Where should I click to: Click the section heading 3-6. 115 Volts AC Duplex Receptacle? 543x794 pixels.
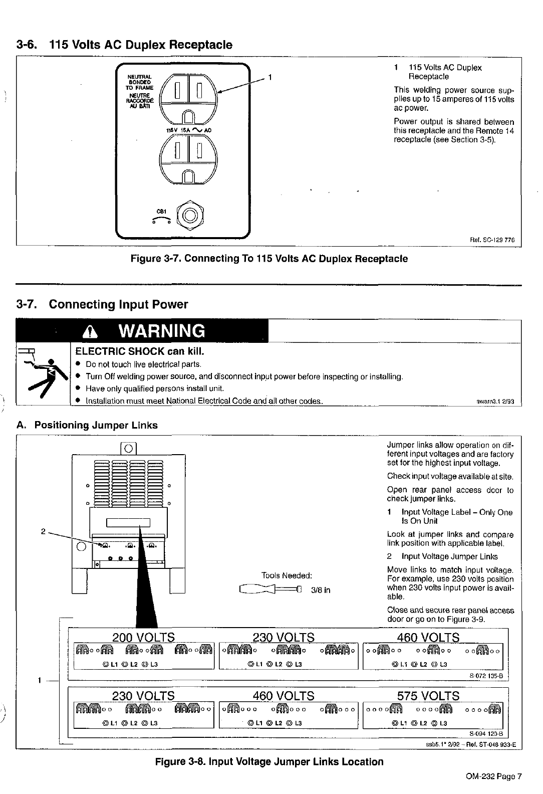(x=124, y=45)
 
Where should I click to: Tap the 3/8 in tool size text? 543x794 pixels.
(x=321, y=590)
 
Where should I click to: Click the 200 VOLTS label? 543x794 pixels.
(x=144, y=637)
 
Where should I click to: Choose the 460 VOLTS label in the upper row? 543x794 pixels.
(x=428, y=637)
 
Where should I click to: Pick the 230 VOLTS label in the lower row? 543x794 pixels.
(x=144, y=696)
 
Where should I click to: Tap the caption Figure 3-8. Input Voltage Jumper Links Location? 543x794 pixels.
(x=269, y=761)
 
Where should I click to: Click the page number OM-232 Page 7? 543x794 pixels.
(x=493, y=776)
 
